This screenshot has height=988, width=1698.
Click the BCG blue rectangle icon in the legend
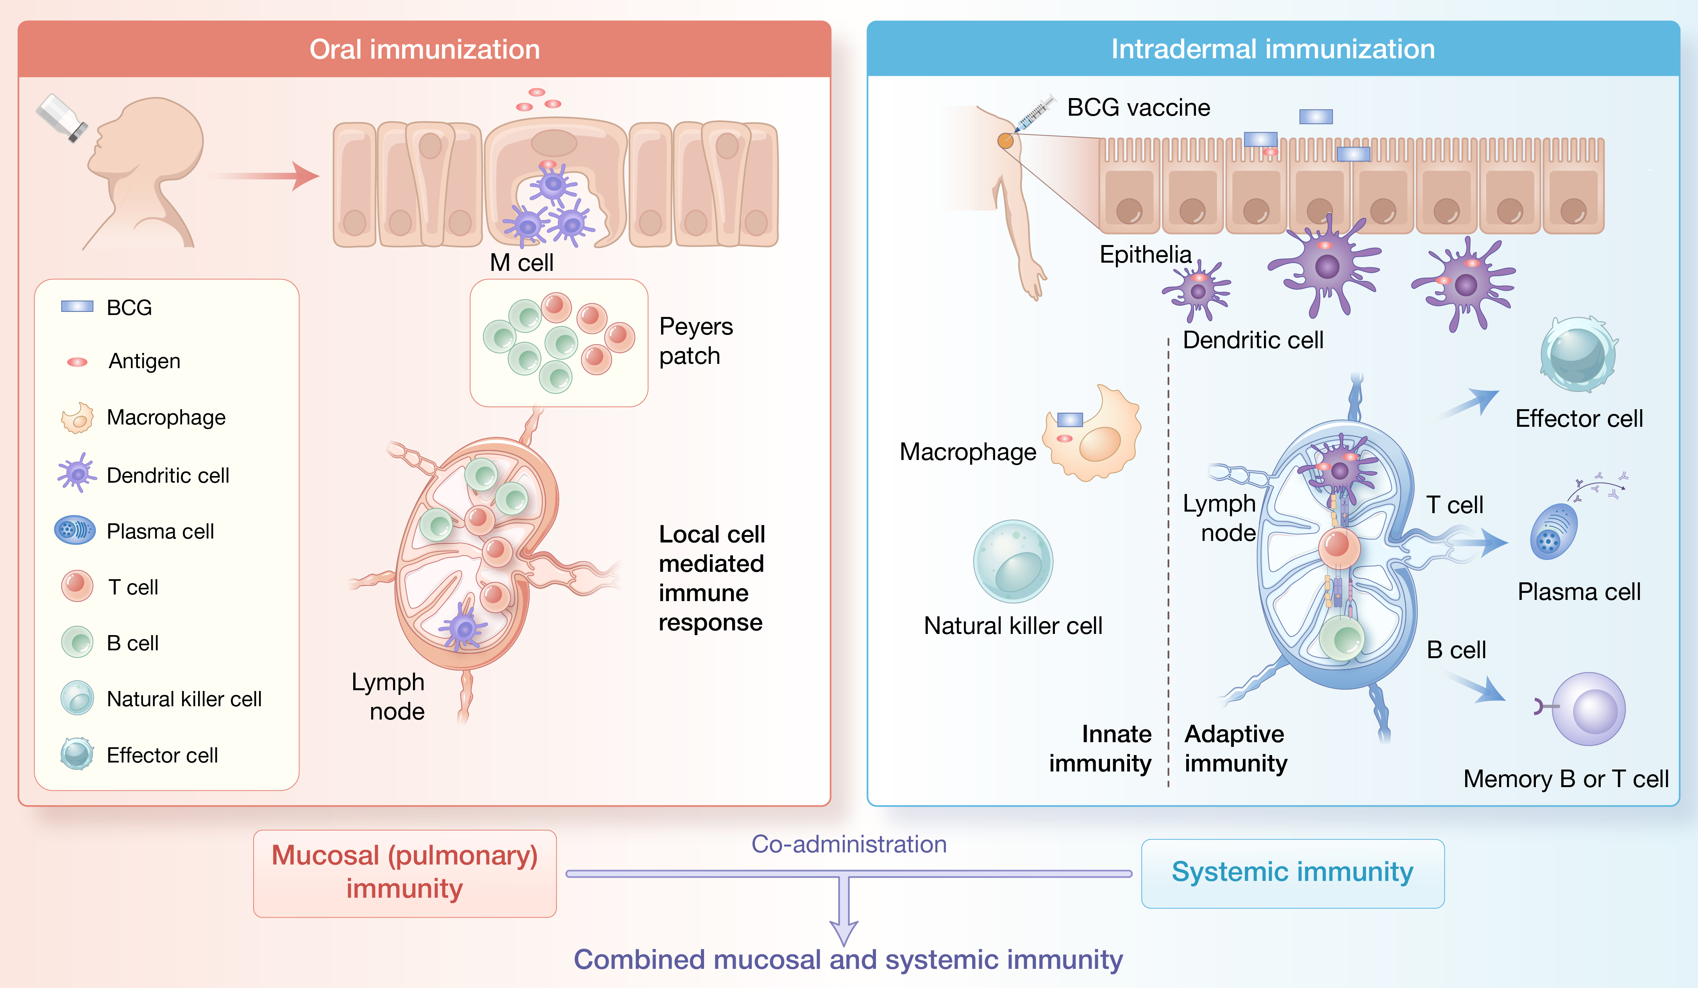[x=77, y=307]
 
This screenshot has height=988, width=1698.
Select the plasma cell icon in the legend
[x=75, y=530]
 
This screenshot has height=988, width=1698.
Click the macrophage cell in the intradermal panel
[x=1093, y=433]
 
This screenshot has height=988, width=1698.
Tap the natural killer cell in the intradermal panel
[x=1013, y=561]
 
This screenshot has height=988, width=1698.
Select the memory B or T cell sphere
[x=1588, y=709]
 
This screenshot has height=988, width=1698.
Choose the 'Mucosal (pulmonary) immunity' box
[x=404, y=873]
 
